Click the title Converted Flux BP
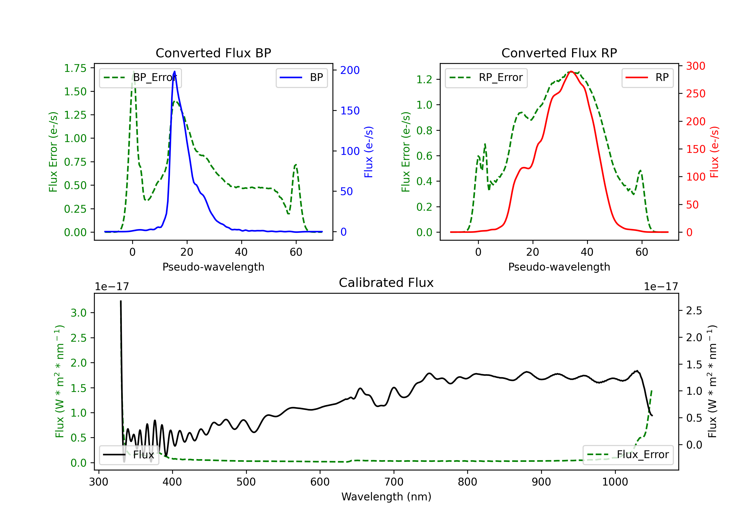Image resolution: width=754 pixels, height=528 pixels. (x=213, y=53)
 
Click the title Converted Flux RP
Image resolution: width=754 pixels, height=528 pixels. (x=559, y=53)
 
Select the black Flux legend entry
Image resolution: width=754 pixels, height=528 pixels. (x=129, y=455)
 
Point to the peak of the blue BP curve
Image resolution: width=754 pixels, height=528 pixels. (x=174, y=71)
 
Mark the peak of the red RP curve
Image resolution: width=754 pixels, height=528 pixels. (x=571, y=71)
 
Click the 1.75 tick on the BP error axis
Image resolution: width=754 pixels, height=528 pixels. (x=75, y=68)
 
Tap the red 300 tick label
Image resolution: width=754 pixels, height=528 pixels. (x=695, y=66)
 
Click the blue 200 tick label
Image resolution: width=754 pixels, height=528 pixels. (x=350, y=70)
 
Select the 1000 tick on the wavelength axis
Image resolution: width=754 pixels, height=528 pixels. (x=615, y=482)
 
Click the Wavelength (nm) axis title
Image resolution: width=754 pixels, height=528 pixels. (x=386, y=497)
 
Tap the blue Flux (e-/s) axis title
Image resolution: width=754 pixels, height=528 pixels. (x=368, y=152)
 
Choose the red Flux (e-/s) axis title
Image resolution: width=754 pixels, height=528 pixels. (x=714, y=152)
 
